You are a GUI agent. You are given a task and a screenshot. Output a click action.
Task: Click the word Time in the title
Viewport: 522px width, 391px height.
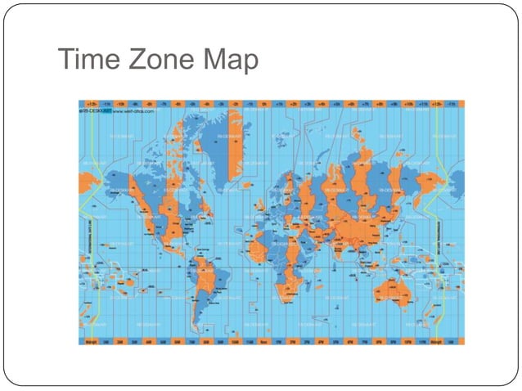point(88,60)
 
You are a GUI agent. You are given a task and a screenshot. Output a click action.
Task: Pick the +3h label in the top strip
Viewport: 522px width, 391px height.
point(308,104)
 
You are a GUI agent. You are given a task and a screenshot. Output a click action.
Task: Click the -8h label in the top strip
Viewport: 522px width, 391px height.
point(148,104)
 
